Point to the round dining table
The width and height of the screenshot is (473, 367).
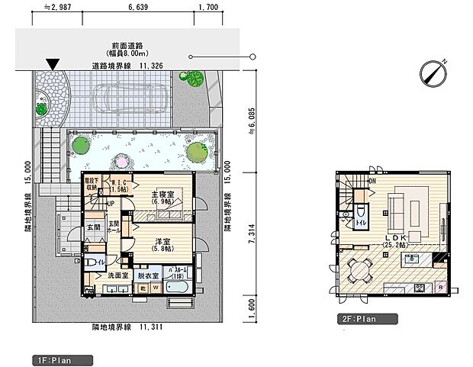click(x=359, y=268)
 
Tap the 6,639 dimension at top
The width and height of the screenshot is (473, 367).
click(x=140, y=8)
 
